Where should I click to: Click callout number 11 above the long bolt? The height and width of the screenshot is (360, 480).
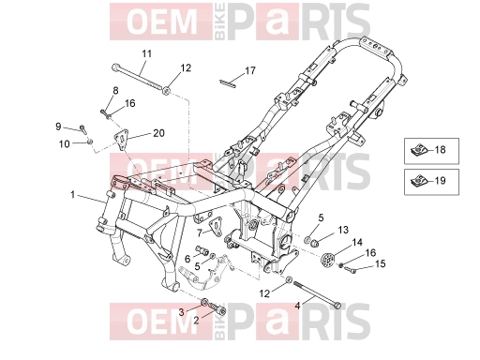pos(146,53)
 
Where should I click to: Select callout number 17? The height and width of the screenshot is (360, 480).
pos(250,71)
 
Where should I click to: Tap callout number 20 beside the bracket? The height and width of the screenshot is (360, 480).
pos(158,133)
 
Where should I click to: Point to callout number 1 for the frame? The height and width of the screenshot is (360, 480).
pos(73,195)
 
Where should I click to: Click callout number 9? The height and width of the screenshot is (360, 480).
pos(58,127)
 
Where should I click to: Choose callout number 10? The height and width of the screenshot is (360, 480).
pos(65,144)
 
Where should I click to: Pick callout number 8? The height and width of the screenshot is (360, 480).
pos(115,91)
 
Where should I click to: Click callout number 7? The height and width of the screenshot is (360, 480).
pos(200,232)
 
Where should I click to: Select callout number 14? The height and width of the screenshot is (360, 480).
pos(357,242)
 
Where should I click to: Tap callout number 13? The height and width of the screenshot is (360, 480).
pos(343,230)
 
